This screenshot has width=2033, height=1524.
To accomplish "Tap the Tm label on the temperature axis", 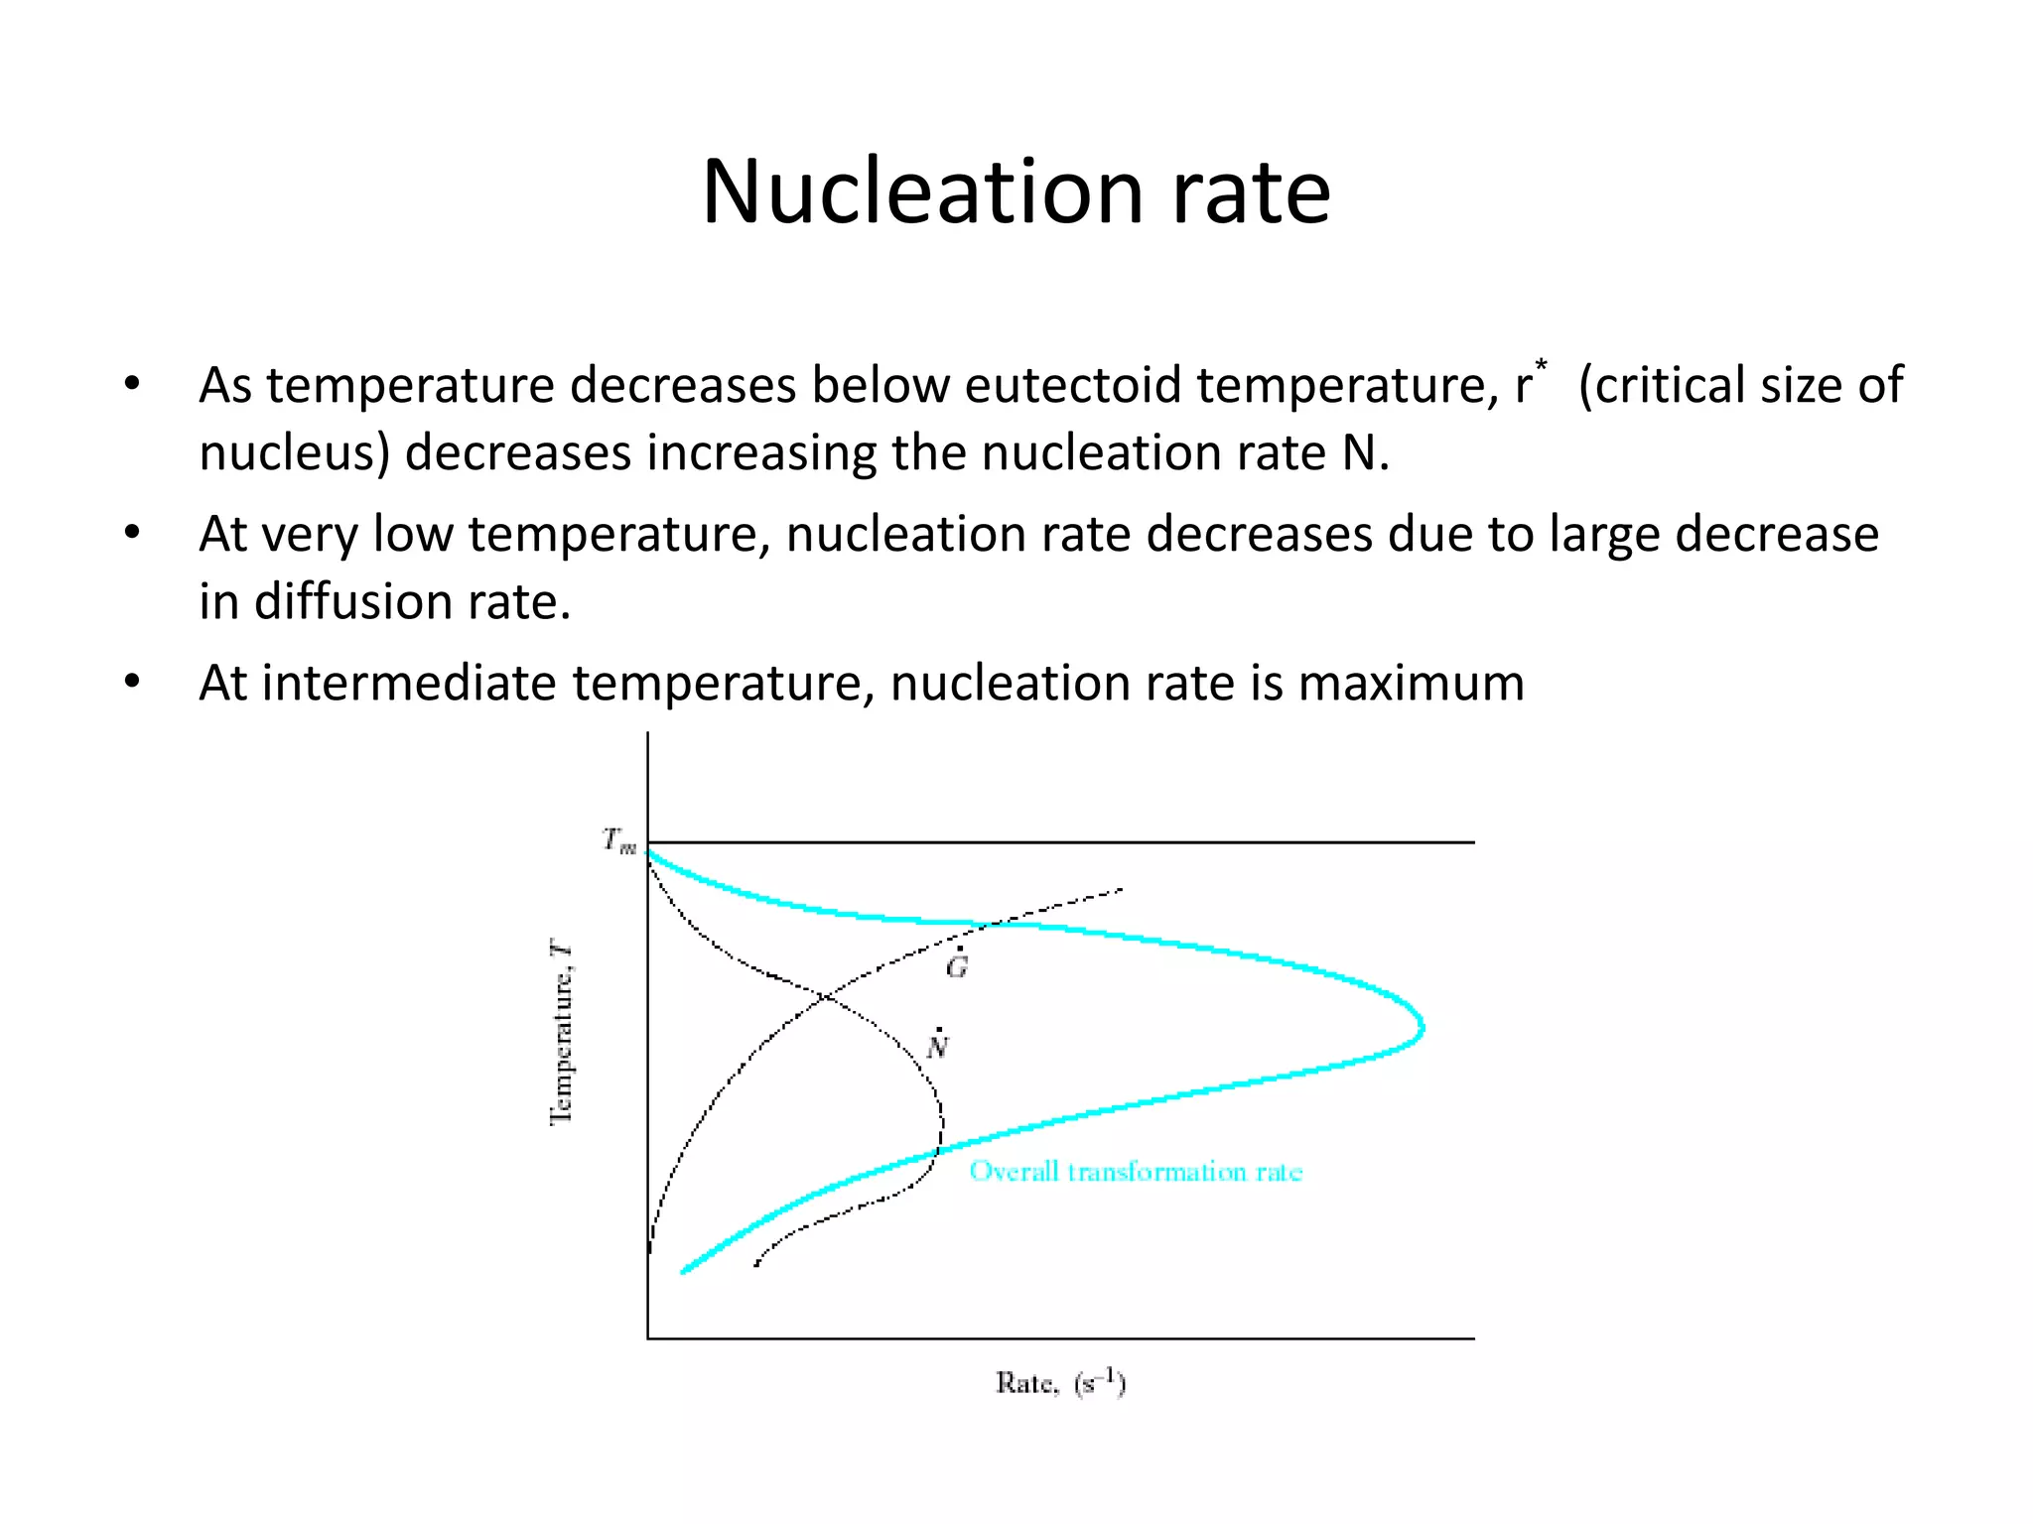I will (619, 841).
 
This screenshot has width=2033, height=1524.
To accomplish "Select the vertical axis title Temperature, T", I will (562, 1035).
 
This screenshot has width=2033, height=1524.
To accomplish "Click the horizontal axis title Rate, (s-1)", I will (1060, 1383).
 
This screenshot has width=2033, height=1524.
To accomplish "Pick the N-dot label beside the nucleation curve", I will (937, 1046).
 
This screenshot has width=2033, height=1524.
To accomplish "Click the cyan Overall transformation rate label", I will (1136, 1172).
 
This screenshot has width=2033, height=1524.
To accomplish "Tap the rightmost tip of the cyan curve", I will (1423, 1027).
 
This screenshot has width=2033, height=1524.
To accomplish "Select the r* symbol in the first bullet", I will (1530, 382).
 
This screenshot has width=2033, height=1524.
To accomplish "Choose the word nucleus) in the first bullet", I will (294, 453).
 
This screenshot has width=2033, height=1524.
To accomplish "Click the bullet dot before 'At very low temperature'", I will (133, 534).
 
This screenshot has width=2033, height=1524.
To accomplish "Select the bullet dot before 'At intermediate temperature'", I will (133, 683).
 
